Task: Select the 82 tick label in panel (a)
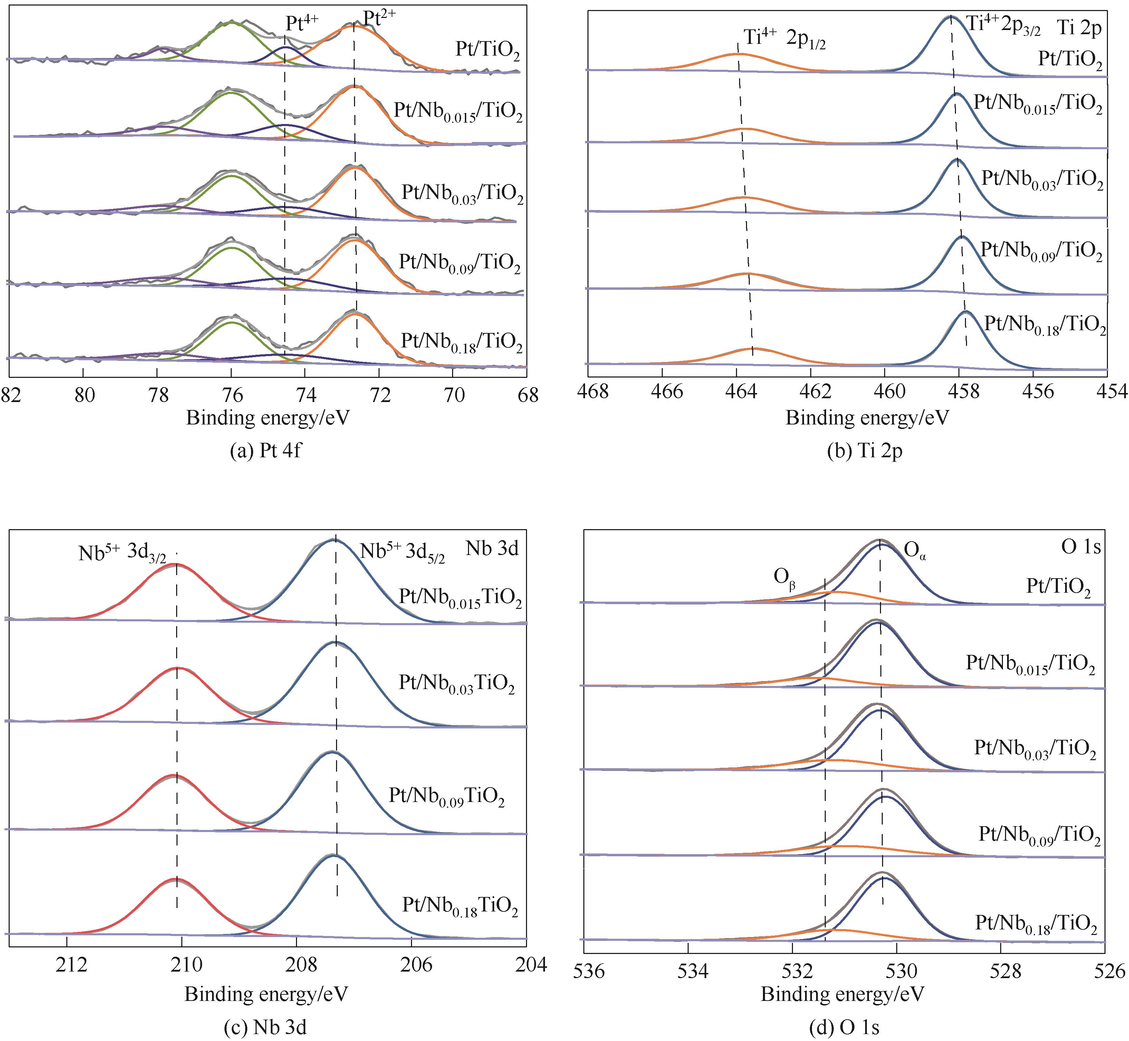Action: pyautogui.click(x=11, y=395)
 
